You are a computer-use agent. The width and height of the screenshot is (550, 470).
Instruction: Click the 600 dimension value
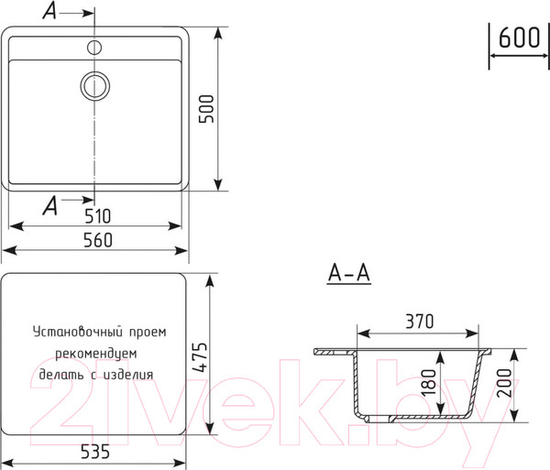click(518, 38)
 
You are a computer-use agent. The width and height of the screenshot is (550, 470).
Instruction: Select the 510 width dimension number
click(97, 216)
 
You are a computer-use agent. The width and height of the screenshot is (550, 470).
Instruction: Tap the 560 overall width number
click(97, 240)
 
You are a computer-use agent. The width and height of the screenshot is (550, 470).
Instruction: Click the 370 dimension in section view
click(417, 322)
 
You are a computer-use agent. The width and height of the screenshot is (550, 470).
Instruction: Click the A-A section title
click(348, 274)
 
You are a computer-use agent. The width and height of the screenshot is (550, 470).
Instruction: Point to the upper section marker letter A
click(50, 11)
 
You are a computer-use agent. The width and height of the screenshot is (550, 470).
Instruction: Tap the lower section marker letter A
click(50, 204)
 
